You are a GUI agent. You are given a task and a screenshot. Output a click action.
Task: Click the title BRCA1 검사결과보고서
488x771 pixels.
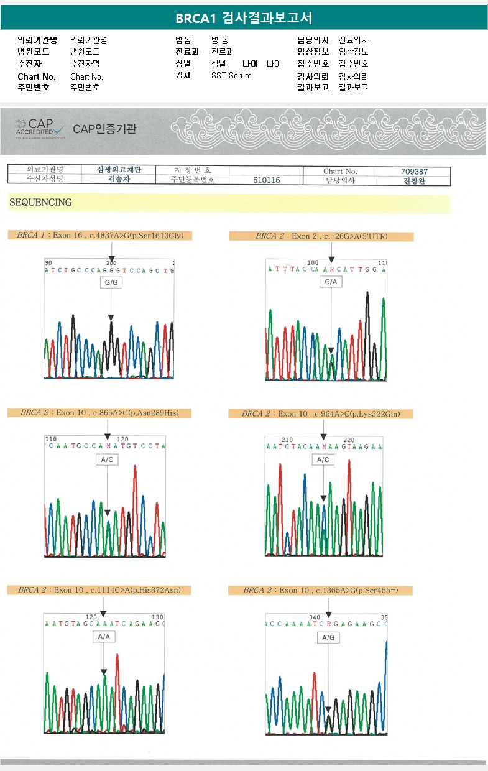pos(244,18)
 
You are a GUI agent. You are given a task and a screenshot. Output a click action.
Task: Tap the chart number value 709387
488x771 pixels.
pos(415,171)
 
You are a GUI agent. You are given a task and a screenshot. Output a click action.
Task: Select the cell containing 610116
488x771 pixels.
pos(267,180)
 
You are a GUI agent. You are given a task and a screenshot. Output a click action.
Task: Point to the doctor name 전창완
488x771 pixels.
pos(415,180)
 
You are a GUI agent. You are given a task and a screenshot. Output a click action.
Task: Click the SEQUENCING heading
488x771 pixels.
pos(40,203)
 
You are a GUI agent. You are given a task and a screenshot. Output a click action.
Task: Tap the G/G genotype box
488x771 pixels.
pos(111,283)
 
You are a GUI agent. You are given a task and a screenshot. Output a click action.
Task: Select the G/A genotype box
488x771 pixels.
pos(331,282)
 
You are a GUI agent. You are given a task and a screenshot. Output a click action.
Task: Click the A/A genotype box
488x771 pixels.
pos(104,637)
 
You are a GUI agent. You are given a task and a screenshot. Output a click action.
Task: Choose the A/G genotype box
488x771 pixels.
pos(328,638)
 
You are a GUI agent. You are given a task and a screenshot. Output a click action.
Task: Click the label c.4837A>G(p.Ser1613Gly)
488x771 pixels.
pos(99,236)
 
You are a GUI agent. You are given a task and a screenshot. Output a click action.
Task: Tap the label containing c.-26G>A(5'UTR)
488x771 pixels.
pos(321,236)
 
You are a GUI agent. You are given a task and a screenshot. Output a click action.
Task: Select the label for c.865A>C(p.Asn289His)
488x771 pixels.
pos(99,413)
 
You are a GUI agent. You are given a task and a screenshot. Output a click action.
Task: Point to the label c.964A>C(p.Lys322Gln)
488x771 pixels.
pos(320,413)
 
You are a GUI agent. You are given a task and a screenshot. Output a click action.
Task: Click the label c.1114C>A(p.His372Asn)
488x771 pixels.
pos(99,590)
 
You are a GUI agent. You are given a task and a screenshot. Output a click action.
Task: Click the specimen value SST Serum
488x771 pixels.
pos(231,75)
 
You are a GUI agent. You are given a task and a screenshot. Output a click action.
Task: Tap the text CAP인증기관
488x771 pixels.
pos(104,129)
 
